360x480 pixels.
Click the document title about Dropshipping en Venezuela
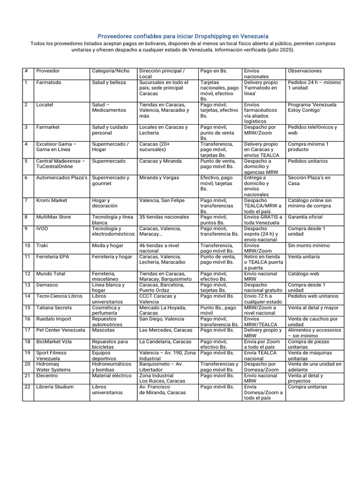[x=183, y=36]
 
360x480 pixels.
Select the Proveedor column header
[x=48, y=71]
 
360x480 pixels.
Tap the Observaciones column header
[x=305, y=71]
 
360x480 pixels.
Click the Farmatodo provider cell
[x=49, y=82]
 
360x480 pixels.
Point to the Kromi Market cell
[x=52, y=201]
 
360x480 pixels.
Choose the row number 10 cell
[x=27, y=246]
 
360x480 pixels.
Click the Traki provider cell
[x=42, y=246]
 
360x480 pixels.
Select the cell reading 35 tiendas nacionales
[x=164, y=217]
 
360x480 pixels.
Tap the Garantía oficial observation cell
[x=305, y=217]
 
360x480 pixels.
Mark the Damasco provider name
[x=47, y=285]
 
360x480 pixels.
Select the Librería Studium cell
[x=55, y=387]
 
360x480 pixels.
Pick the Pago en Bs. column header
[x=214, y=71]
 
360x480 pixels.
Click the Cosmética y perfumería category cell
[x=106, y=310]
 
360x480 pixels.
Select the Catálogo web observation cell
[x=303, y=274]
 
